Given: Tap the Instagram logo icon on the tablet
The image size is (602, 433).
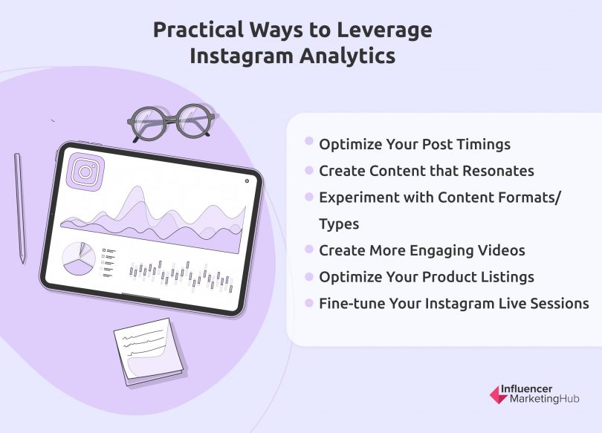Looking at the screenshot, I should [x=85, y=172].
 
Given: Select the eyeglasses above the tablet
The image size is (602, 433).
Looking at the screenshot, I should [x=172, y=120].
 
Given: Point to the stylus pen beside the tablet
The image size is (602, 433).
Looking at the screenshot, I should [x=19, y=208].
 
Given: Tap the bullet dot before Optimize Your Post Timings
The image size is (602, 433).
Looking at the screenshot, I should [x=308, y=143].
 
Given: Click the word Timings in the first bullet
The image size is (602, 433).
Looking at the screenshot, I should [x=484, y=144].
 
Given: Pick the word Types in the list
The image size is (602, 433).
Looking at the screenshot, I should [x=339, y=224].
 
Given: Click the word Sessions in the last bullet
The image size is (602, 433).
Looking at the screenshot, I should [x=558, y=304].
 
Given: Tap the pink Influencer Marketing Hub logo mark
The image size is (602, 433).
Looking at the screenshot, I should [x=498, y=394].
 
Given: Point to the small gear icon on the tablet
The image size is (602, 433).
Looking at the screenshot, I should [x=246, y=180].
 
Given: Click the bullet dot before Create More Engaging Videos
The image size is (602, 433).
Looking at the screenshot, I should [x=308, y=250].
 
